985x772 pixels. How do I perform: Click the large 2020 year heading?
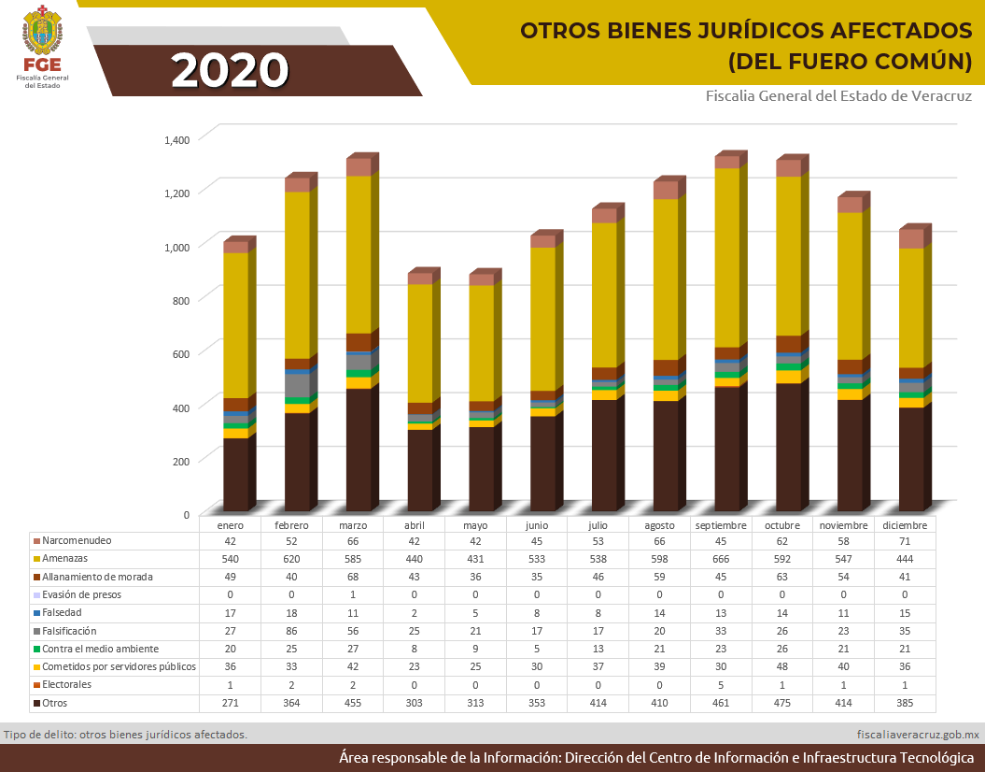click(x=230, y=70)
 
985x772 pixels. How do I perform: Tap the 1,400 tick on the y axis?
click(x=176, y=139)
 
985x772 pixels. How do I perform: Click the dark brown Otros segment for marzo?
click(x=359, y=449)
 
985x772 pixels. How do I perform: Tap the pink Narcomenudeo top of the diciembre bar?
click(x=911, y=238)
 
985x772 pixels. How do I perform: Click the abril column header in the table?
click(x=414, y=525)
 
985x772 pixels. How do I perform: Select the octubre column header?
click(x=782, y=525)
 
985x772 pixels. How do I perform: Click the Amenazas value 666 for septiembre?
click(x=721, y=558)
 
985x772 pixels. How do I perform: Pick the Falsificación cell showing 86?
click(x=291, y=631)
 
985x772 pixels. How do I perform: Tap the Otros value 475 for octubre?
click(x=782, y=703)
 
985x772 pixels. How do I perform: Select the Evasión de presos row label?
click(x=81, y=594)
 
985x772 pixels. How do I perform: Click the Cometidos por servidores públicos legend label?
click(x=120, y=666)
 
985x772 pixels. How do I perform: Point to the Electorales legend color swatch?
click(x=36, y=685)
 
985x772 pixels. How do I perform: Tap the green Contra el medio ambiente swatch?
click(x=36, y=649)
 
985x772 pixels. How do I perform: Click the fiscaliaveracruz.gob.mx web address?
click(x=918, y=735)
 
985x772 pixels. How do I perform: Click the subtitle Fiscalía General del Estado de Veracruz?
click(x=838, y=96)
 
